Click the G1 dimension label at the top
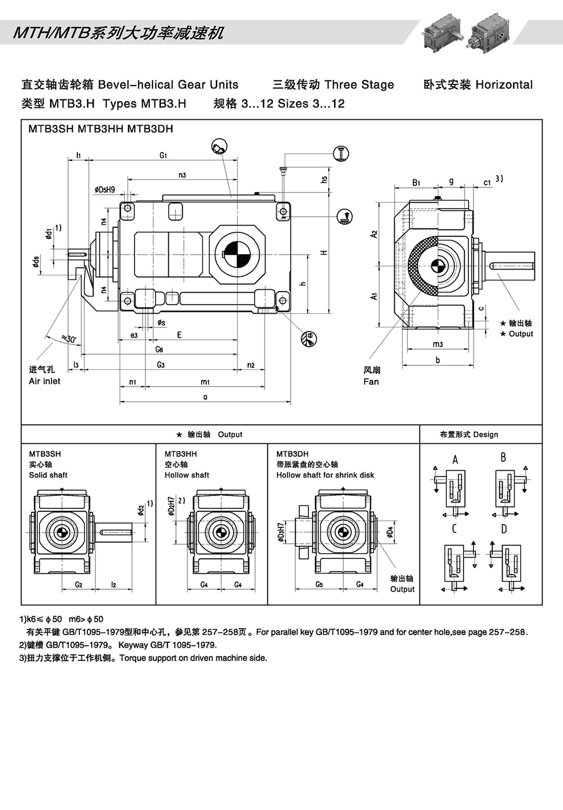[x=163, y=155]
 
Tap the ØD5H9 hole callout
[x=105, y=190]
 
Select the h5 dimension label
[x=324, y=179]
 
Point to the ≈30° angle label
[x=68, y=339]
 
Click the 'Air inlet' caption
[x=45, y=381]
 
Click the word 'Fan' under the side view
[x=371, y=382]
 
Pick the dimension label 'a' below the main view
[x=205, y=397]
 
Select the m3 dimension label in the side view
[x=438, y=344]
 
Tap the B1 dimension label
[x=416, y=182]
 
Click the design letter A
[x=455, y=459]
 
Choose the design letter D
[x=504, y=529]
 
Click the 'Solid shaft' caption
[x=48, y=475]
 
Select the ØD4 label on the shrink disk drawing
[x=390, y=532]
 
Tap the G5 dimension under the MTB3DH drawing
[x=319, y=584]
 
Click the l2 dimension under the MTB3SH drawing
[x=114, y=584]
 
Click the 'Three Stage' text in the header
[x=359, y=85]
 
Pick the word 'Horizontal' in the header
[x=504, y=85]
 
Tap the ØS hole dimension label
[x=161, y=322]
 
